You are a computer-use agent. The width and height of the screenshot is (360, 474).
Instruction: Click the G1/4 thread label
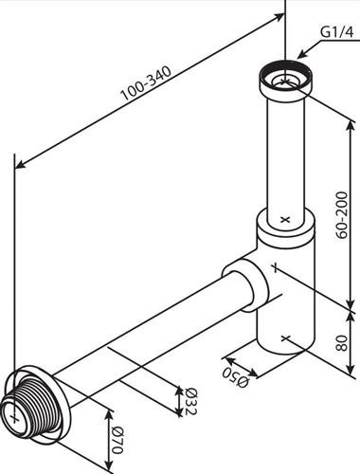337,32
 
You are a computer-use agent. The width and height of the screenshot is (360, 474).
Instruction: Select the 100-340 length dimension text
146,83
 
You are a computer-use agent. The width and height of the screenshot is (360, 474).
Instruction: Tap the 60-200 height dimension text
342,214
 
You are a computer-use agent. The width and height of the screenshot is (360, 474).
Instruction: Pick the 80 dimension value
342,343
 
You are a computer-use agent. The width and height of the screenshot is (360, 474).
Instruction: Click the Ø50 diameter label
236,377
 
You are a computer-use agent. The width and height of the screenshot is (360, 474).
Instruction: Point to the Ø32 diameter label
191,401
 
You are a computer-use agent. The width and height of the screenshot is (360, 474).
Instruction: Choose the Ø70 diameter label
117,440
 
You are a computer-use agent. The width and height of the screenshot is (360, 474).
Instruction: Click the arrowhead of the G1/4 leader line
302,54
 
